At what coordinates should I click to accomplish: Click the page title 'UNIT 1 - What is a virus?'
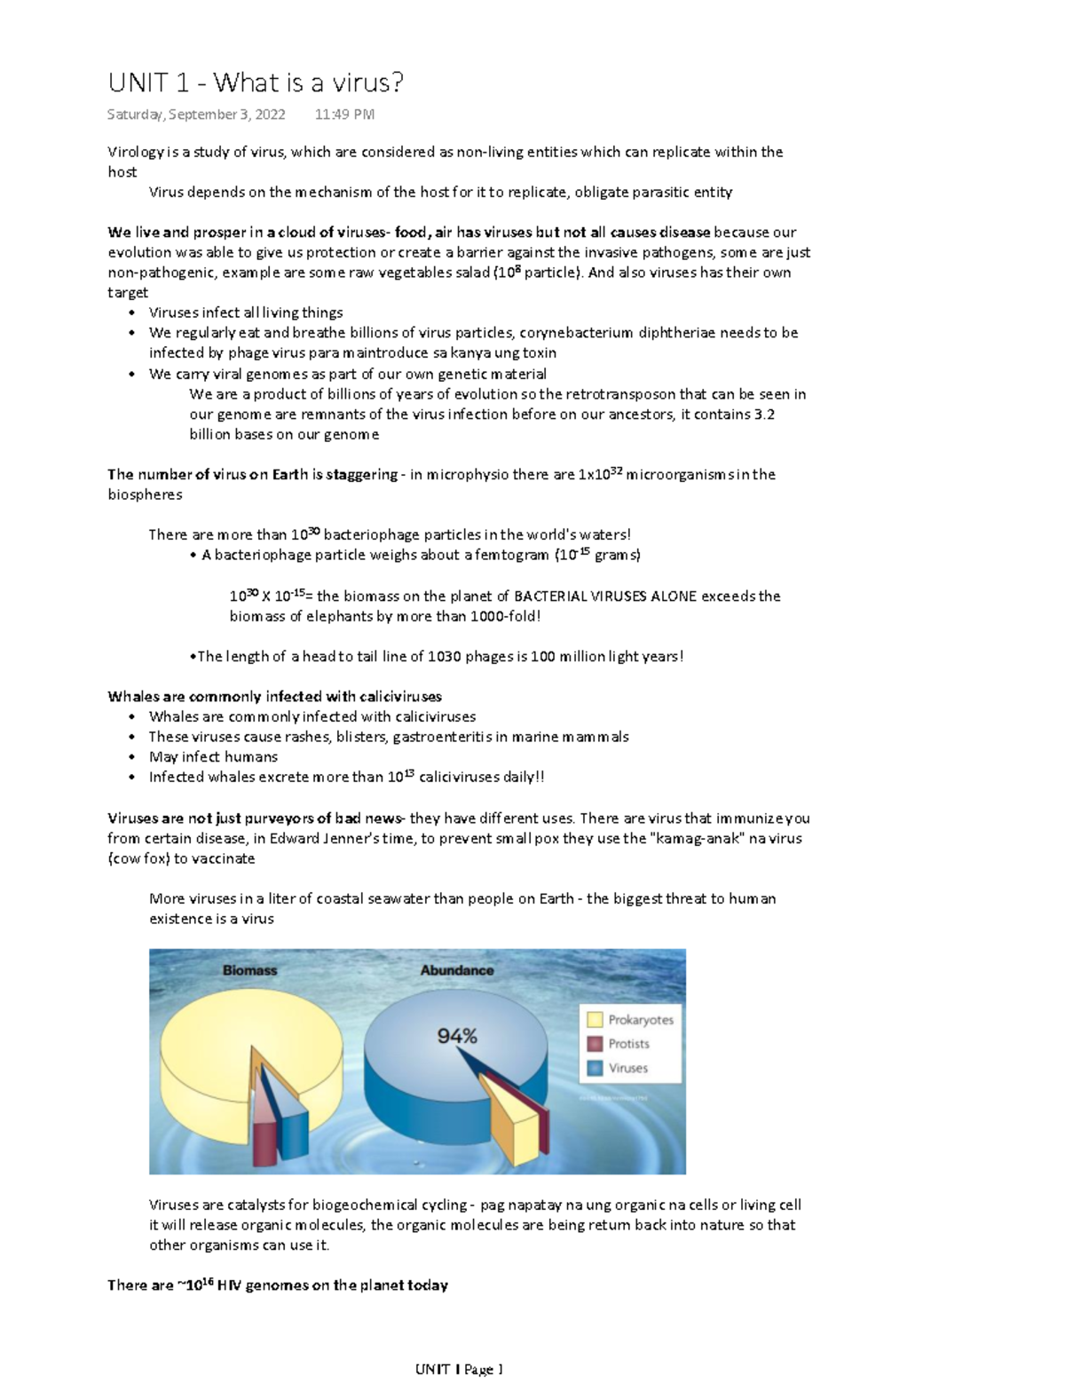click(x=256, y=83)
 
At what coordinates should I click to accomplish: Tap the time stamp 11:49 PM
click(x=344, y=115)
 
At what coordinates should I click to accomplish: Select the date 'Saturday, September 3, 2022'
click(x=196, y=115)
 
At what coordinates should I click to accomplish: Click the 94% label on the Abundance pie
click(x=457, y=1035)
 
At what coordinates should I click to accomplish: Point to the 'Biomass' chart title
click(x=249, y=970)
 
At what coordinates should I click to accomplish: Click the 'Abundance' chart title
click(x=456, y=970)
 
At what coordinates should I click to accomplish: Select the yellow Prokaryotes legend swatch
click(x=595, y=1020)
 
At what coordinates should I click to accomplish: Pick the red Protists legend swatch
click(x=595, y=1044)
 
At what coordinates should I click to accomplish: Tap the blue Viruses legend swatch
click(x=595, y=1068)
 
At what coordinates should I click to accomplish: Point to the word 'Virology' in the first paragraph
click(x=136, y=152)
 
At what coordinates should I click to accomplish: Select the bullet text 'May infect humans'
click(x=213, y=757)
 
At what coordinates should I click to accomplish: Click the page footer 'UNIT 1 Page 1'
click(x=459, y=1370)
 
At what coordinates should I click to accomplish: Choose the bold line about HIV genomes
click(x=278, y=1285)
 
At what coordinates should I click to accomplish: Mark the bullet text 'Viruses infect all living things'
click(x=246, y=312)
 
